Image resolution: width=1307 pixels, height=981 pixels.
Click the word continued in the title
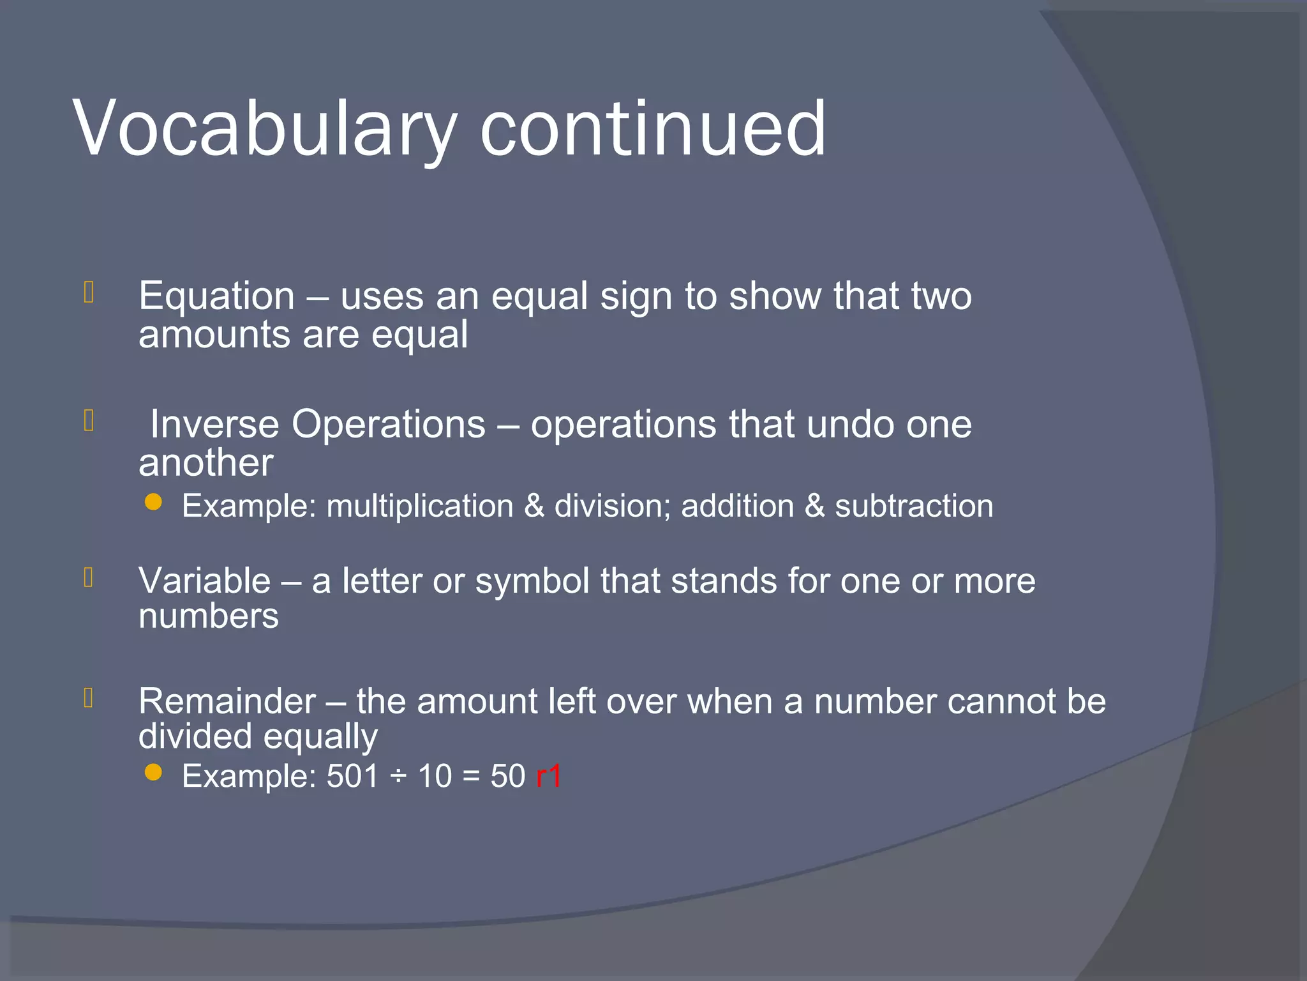pyautogui.click(x=652, y=130)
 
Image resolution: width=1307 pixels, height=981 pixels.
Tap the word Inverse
pyautogui.click(x=214, y=425)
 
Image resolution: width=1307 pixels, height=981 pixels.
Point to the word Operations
pyautogui.click(x=389, y=425)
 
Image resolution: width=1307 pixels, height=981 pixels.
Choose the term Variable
pyautogui.click(x=205, y=581)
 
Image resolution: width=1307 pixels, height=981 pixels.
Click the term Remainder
pyautogui.click(x=227, y=701)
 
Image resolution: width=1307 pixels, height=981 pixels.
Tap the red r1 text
pyautogui.click(x=549, y=777)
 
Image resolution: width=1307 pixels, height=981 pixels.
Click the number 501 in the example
pyautogui.click(x=352, y=777)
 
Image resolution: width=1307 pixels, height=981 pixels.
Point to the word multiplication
pyautogui.click(x=420, y=506)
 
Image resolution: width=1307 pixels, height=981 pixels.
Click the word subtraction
pyautogui.click(x=914, y=506)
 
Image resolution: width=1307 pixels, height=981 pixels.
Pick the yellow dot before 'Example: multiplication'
pyautogui.click(x=153, y=503)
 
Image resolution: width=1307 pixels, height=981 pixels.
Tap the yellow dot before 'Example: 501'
pyautogui.click(x=153, y=773)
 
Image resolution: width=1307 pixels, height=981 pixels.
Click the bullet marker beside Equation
pyautogui.click(x=89, y=293)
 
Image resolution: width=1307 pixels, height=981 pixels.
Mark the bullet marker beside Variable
pyautogui.click(x=89, y=577)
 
